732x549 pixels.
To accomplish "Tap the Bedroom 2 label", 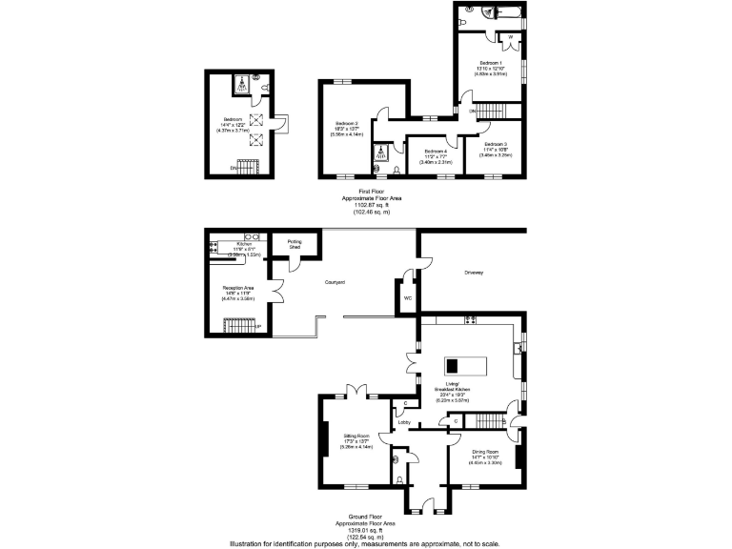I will point(346,124).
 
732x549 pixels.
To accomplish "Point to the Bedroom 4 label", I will point(435,152).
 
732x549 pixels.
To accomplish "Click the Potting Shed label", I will point(295,242).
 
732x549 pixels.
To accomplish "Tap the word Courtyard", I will point(335,283).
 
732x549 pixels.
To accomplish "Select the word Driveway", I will point(474,273).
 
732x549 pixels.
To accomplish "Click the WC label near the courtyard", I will point(408,297).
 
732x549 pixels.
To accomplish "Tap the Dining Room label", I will point(485,452).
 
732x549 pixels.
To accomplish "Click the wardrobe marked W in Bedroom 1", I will point(511,41).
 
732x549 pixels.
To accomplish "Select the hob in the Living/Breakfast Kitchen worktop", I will point(470,318).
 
